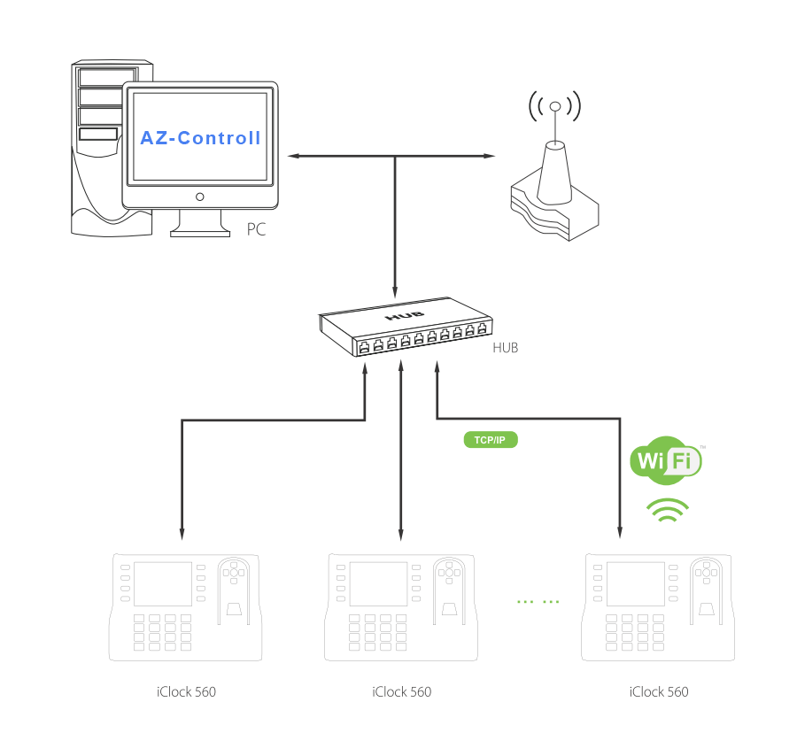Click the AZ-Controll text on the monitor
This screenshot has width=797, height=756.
[200, 138]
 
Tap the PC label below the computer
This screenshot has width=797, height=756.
[256, 229]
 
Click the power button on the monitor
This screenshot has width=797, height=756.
[200, 197]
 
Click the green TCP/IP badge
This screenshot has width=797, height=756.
[490, 440]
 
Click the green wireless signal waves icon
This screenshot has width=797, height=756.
[668, 510]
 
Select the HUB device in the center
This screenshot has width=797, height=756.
[404, 328]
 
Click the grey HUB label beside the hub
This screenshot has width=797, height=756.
[505, 348]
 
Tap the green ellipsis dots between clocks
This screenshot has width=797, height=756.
[538, 602]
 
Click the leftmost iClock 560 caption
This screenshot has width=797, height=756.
[185, 691]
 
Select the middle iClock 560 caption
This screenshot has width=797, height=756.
[402, 691]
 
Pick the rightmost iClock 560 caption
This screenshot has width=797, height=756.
[658, 691]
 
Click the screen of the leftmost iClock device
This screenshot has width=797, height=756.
[164, 583]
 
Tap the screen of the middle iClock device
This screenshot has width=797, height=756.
[379, 583]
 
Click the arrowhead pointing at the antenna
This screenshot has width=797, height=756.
[490, 156]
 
